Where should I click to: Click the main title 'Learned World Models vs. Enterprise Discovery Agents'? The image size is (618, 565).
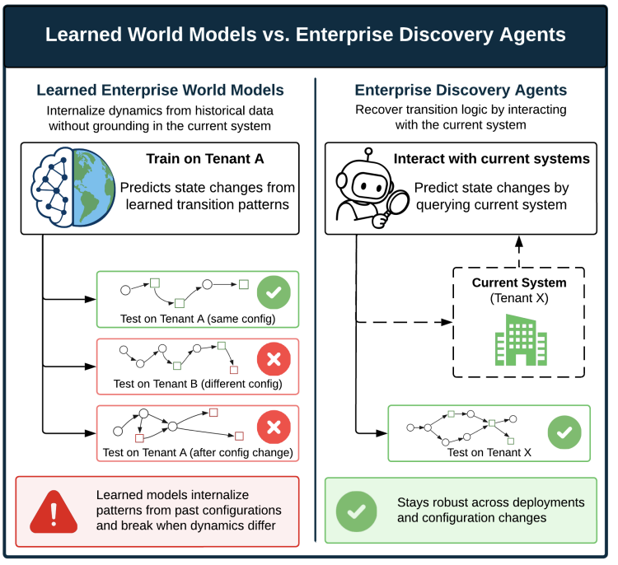pyautogui.click(x=306, y=35)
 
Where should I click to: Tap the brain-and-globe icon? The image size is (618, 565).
pyautogui.click(x=73, y=188)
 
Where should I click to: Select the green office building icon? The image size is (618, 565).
pyautogui.click(x=521, y=339)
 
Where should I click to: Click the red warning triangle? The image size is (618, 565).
pyautogui.click(x=54, y=511)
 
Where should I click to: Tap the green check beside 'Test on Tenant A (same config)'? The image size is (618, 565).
pyautogui.click(x=274, y=292)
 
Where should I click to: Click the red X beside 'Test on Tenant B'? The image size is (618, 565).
pyautogui.click(x=274, y=359)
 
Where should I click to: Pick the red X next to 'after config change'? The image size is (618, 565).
pyautogui.click(x=274, y=427)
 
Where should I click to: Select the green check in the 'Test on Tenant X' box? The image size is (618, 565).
pyautogui.click(x=564, y=432)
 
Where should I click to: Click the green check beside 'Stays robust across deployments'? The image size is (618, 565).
pyautogui.click(x=356, y=511)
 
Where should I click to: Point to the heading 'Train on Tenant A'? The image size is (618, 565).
pyautogui.click(x=205, y=159)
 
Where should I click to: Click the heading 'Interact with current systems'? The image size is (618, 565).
pyautogui.click(x=491, y=159)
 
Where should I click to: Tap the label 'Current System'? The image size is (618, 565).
pyautogui.click(x=519, y=282)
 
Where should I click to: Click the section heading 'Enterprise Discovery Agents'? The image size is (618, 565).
pyautogui.click(x=461, y=91)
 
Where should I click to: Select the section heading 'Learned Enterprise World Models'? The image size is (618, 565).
pyautogui.click(x=160, y=91)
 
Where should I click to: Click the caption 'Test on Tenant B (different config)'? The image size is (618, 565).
pyautogui.click(x=198, y=384)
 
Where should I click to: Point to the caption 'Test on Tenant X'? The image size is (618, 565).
pyautogui.click(x=489, y=452)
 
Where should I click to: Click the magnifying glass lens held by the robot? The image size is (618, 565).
pyautogui.click(x=395, y=202)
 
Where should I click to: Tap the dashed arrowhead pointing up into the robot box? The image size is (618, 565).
pyautogui.click(x=519, y=241)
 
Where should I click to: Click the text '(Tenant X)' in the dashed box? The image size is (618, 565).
pyautogui.click(x=519, y=298)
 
